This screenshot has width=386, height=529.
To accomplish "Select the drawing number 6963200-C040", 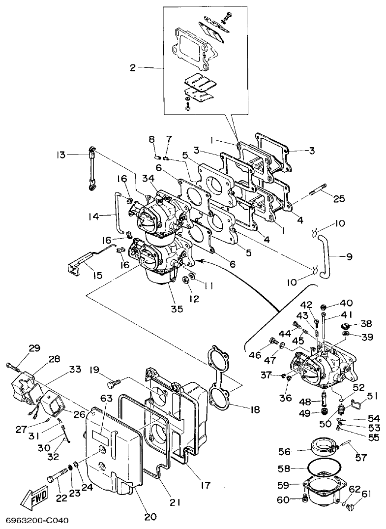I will click(36, 520).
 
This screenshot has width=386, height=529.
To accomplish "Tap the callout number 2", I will click(132, 68).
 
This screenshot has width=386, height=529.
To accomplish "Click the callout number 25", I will click(339, 199).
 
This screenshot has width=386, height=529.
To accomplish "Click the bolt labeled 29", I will click(13, 366).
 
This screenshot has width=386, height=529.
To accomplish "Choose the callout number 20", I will click(150, 517).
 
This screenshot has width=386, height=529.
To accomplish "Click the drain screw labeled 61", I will click(351, 506).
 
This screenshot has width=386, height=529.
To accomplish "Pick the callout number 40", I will click(346, 303).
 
